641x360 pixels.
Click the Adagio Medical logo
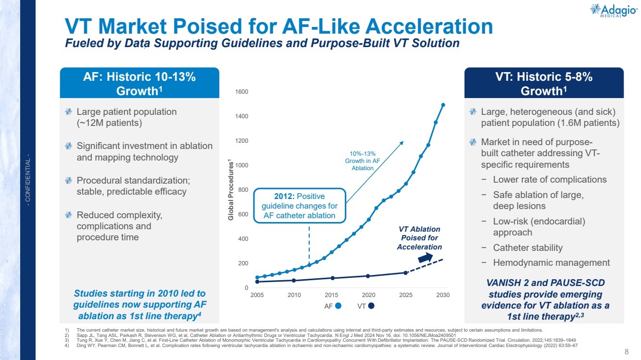614,11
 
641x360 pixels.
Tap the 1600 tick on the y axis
242,92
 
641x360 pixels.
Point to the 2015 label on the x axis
331,295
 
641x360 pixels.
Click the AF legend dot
338,306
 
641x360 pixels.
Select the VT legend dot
371,306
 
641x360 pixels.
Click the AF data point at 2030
443,105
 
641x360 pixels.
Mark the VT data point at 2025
405,273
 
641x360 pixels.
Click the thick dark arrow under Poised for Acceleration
426,258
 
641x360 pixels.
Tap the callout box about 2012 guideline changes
300,206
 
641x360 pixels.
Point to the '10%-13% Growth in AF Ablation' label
363,161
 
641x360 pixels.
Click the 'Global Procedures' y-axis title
231,190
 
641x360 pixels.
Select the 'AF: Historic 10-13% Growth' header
139,84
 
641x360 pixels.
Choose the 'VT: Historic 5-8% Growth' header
544,84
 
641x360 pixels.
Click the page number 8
627,352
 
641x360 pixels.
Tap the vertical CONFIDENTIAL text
28,180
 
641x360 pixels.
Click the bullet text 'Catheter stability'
528,248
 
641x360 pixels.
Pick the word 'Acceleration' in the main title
429,26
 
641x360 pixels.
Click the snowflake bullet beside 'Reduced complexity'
68,215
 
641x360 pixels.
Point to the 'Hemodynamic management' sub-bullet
551,263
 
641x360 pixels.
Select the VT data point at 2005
257,282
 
